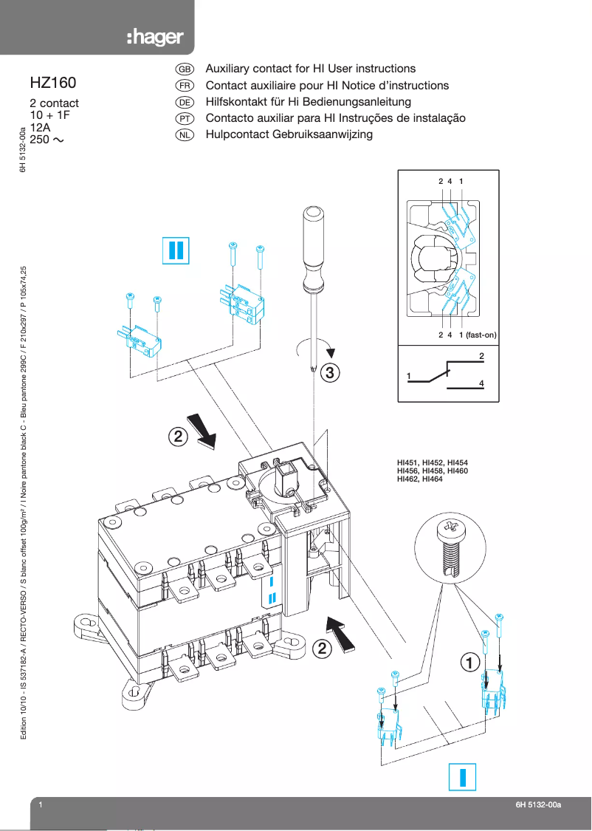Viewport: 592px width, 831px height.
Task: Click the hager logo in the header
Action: point(154,38)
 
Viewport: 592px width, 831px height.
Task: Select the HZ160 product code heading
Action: point(53,83)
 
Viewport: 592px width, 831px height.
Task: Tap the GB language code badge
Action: point(185,69)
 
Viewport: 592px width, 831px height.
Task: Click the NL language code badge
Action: point(185,135)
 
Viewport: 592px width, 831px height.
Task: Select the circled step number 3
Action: point(331,373)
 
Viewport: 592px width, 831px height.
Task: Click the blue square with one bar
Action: point(463,777)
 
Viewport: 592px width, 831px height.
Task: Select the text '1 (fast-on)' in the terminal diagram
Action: point(478,335)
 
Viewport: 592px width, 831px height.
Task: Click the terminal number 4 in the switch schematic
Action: point(481,383)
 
